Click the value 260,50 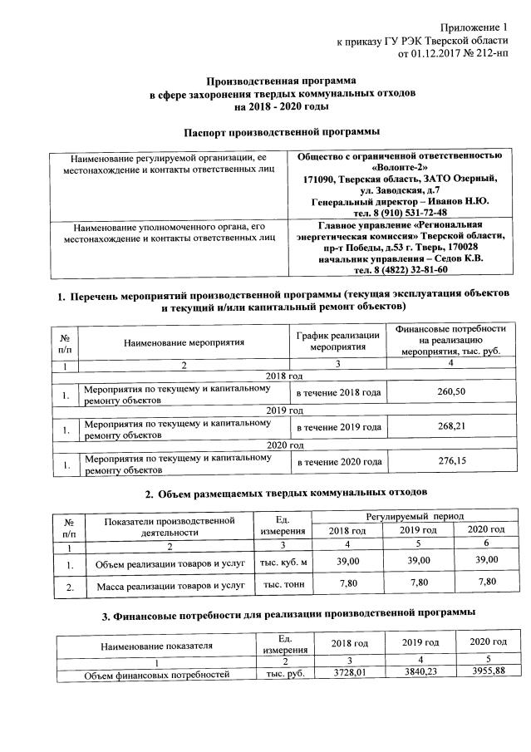coord(450,392)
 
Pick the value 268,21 coord(450,427)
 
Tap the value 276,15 coord(450,462)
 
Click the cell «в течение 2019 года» coord(339,427)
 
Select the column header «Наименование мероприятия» coord(184,342)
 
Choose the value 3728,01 coord(349,671)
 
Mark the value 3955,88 coord(487,671)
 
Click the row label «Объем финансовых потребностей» coord(158,675)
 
